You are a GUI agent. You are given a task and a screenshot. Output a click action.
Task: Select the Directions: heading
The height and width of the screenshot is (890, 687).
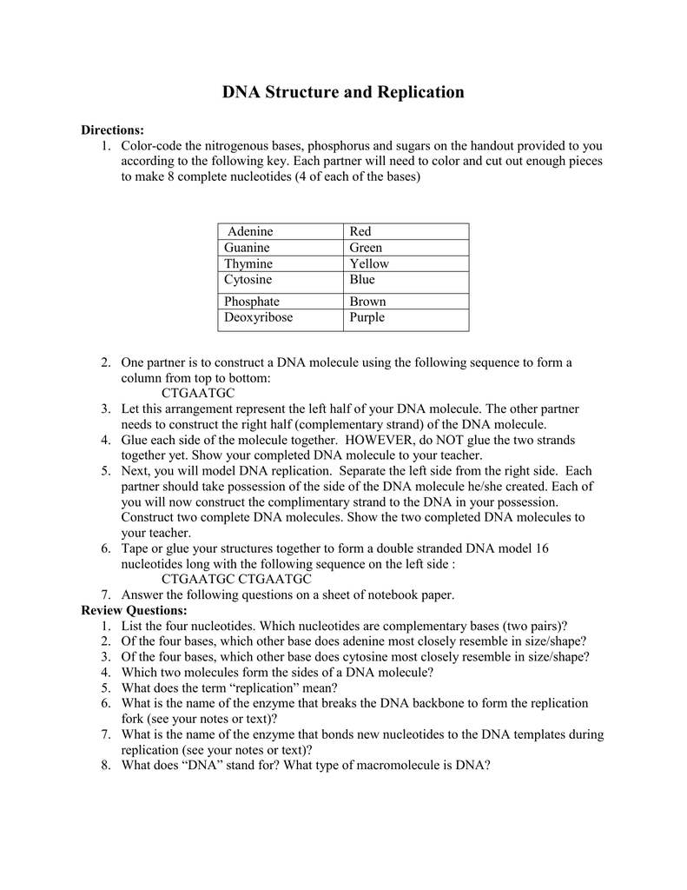pyautogui.click(x=113, y=130)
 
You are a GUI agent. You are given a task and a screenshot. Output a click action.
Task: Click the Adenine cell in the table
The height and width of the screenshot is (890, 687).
pyautogui.click(x=250, y=231)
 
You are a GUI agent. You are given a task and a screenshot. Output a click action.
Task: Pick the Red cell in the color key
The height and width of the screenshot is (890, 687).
pyautogui.click(x=360, y=231)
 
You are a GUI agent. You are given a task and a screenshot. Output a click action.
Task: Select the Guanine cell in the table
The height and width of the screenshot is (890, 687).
pyautogui.click(x=248, y=248)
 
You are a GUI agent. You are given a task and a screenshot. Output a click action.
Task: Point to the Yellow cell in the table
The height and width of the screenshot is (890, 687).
pyautogui.click(x=369, y=263)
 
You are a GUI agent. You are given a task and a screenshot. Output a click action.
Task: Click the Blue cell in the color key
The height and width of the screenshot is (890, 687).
pyautogui.click(x=362, y=280)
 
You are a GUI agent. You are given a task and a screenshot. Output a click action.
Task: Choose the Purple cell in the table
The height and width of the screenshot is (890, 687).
pyautogui.click(x=367, y=318)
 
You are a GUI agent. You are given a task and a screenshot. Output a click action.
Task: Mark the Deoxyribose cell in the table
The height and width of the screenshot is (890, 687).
pyautogui.click(x=258, y=318)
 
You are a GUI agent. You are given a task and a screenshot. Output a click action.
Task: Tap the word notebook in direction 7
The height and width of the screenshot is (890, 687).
pyautogui.click(x=391, y=595)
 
